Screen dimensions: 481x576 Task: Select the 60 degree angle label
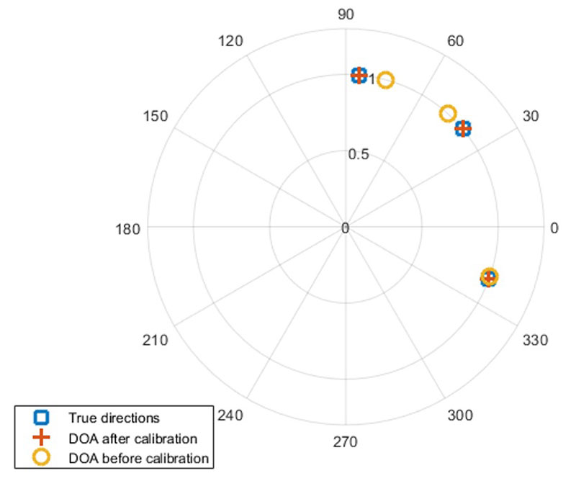[x=456, y=41]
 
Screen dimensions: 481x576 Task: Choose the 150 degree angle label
[x=155, y=117]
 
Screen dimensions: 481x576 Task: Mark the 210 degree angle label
[x=155, y=341]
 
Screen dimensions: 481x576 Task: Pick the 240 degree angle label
[x=234, y=415]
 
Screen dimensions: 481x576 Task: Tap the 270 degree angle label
[x=346, y=442]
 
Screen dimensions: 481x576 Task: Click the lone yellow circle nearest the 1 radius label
[x=386, y=80]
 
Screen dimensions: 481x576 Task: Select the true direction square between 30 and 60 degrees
[x=464, y=129]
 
